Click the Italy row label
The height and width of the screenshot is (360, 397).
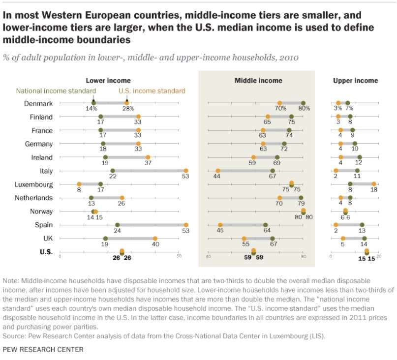click(45, 171)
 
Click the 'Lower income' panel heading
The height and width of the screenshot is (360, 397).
click(108, 80)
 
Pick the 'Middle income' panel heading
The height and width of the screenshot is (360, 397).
click(258, 80)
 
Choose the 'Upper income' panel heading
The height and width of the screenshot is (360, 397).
click(355, 80)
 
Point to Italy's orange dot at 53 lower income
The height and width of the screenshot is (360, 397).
click(185, 171)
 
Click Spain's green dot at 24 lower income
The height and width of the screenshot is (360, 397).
click(117, 225)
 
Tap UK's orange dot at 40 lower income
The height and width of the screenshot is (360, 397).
click(155, 239)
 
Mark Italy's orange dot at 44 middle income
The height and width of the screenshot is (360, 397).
click(218, 171)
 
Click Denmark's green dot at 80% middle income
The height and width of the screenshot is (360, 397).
click(303, 103)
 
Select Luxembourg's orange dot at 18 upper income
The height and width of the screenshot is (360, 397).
click(374, 184)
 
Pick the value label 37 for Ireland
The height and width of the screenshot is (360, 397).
click(148, 163)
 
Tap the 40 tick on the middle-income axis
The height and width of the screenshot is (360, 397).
click(208, 256)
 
